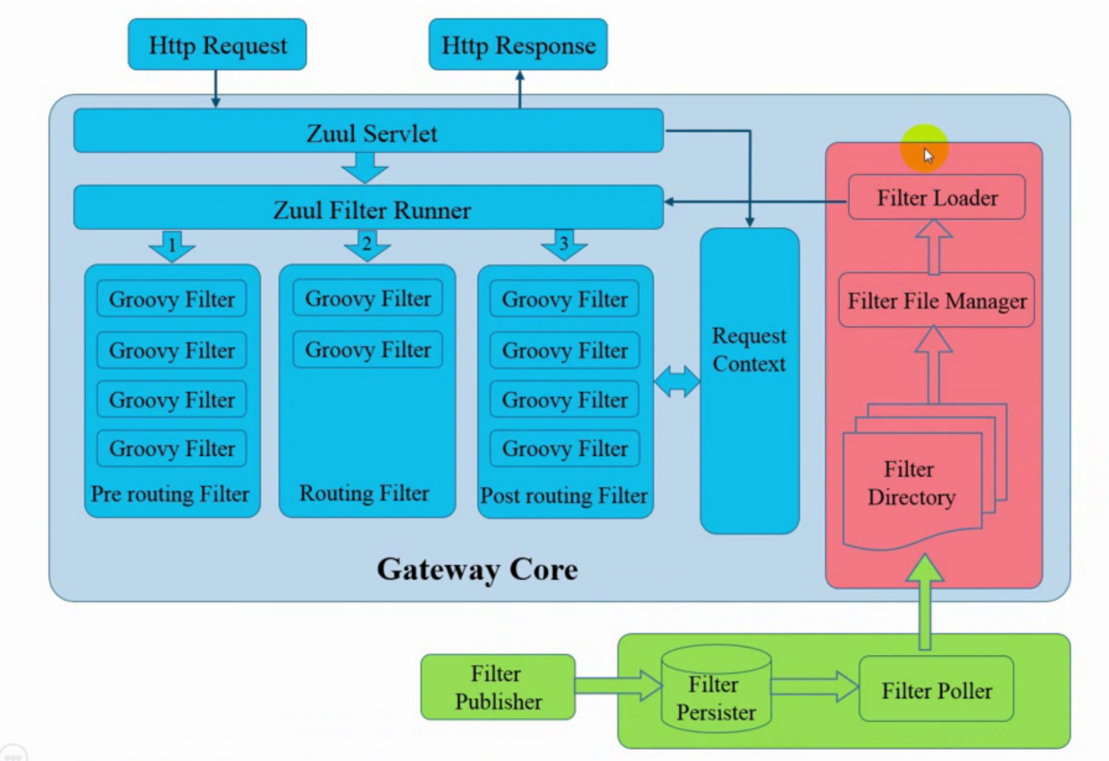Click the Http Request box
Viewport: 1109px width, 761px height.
(x=217, y=45)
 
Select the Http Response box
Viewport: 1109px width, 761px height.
(x=518, y=45)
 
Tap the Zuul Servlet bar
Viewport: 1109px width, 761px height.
(x=368, y=132)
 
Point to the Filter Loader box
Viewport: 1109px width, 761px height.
(x=936, y=198)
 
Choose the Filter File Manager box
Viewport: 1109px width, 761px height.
(x=936, y=300)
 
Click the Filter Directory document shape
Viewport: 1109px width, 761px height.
(x=911, y=485)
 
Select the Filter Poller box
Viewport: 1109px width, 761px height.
(x=936, y=690)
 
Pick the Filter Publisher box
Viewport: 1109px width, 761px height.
(x=498, y=688)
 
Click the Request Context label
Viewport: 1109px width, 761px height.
(x=749, y=350)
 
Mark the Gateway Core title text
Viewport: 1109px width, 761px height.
(x=477, y=569)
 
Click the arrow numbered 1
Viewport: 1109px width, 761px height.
(x=172, y=246)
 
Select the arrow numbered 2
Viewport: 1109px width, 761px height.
(x=367, y=245)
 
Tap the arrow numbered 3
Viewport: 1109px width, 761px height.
(x=564, y=245)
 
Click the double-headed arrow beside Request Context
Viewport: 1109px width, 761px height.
(x=677, y=382)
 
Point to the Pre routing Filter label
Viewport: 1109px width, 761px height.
(x=170, y=494)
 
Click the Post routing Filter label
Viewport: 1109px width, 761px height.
(x=564, y=495)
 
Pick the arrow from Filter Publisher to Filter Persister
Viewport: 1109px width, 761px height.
(x=618, y=686)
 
